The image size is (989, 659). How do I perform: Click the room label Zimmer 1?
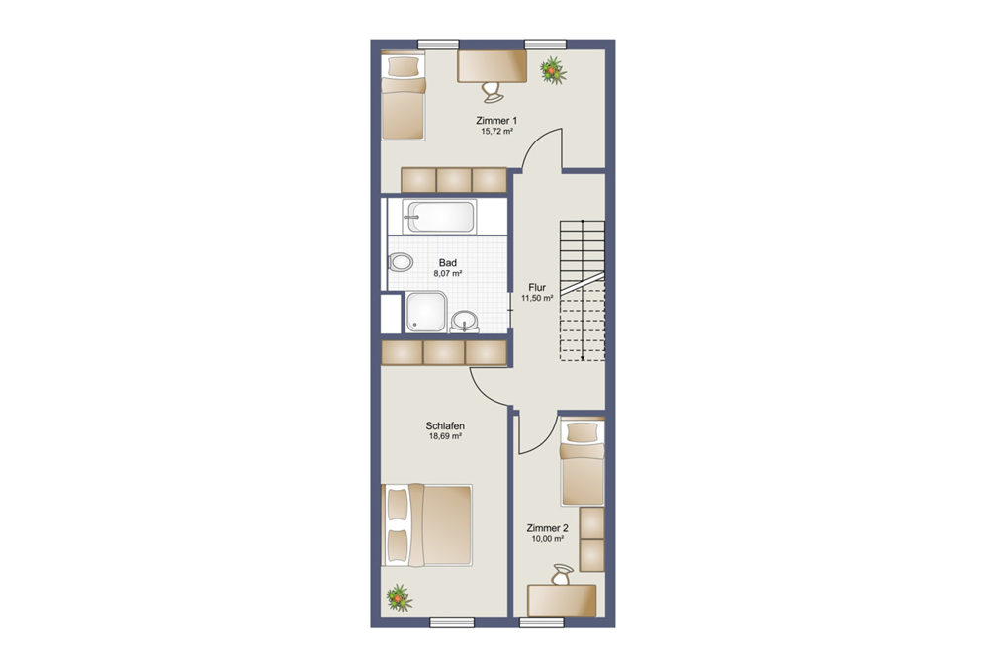tap(496, 121)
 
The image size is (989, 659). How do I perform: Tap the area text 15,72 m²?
tap(496, 132)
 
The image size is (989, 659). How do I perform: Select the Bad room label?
tap(448, 262)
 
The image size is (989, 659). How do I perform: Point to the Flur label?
tap(537, 287)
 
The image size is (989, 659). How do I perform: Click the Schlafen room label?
tap(445, 426)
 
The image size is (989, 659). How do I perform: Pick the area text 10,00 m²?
tap(547, 539)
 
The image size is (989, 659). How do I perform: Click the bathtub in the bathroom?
tap(440, 217)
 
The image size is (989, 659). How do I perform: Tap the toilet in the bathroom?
tap(401, 262)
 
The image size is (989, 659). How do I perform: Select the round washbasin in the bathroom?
tap(465, 322)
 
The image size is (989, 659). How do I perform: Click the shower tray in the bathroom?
tap(426, 312)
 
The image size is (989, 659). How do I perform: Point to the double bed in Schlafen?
tap(427, 524)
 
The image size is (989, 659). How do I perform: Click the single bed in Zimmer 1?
tap(404, 97)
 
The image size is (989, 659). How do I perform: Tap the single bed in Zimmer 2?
tap(583, 462)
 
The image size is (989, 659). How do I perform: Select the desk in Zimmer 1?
tap(492, 66)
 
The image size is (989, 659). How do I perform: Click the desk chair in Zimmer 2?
tap(562, 575)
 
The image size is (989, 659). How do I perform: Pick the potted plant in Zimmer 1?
tap(553, 69)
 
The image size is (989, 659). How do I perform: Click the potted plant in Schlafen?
tap(399, 598)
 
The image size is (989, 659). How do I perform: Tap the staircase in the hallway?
tap(583, 290)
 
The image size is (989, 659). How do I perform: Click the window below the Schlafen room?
tap(452, 623)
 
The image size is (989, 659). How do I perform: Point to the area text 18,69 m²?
tap(445, 436)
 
